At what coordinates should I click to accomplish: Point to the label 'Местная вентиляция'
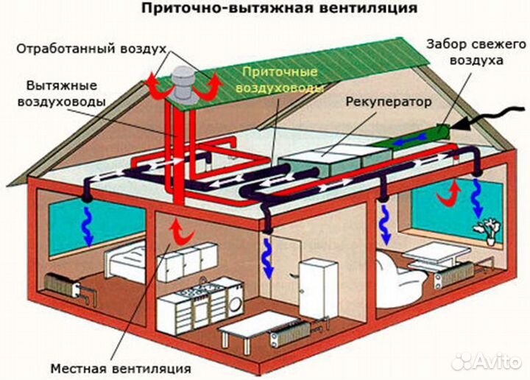point(121,367)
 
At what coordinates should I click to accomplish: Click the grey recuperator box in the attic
point(324,162)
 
